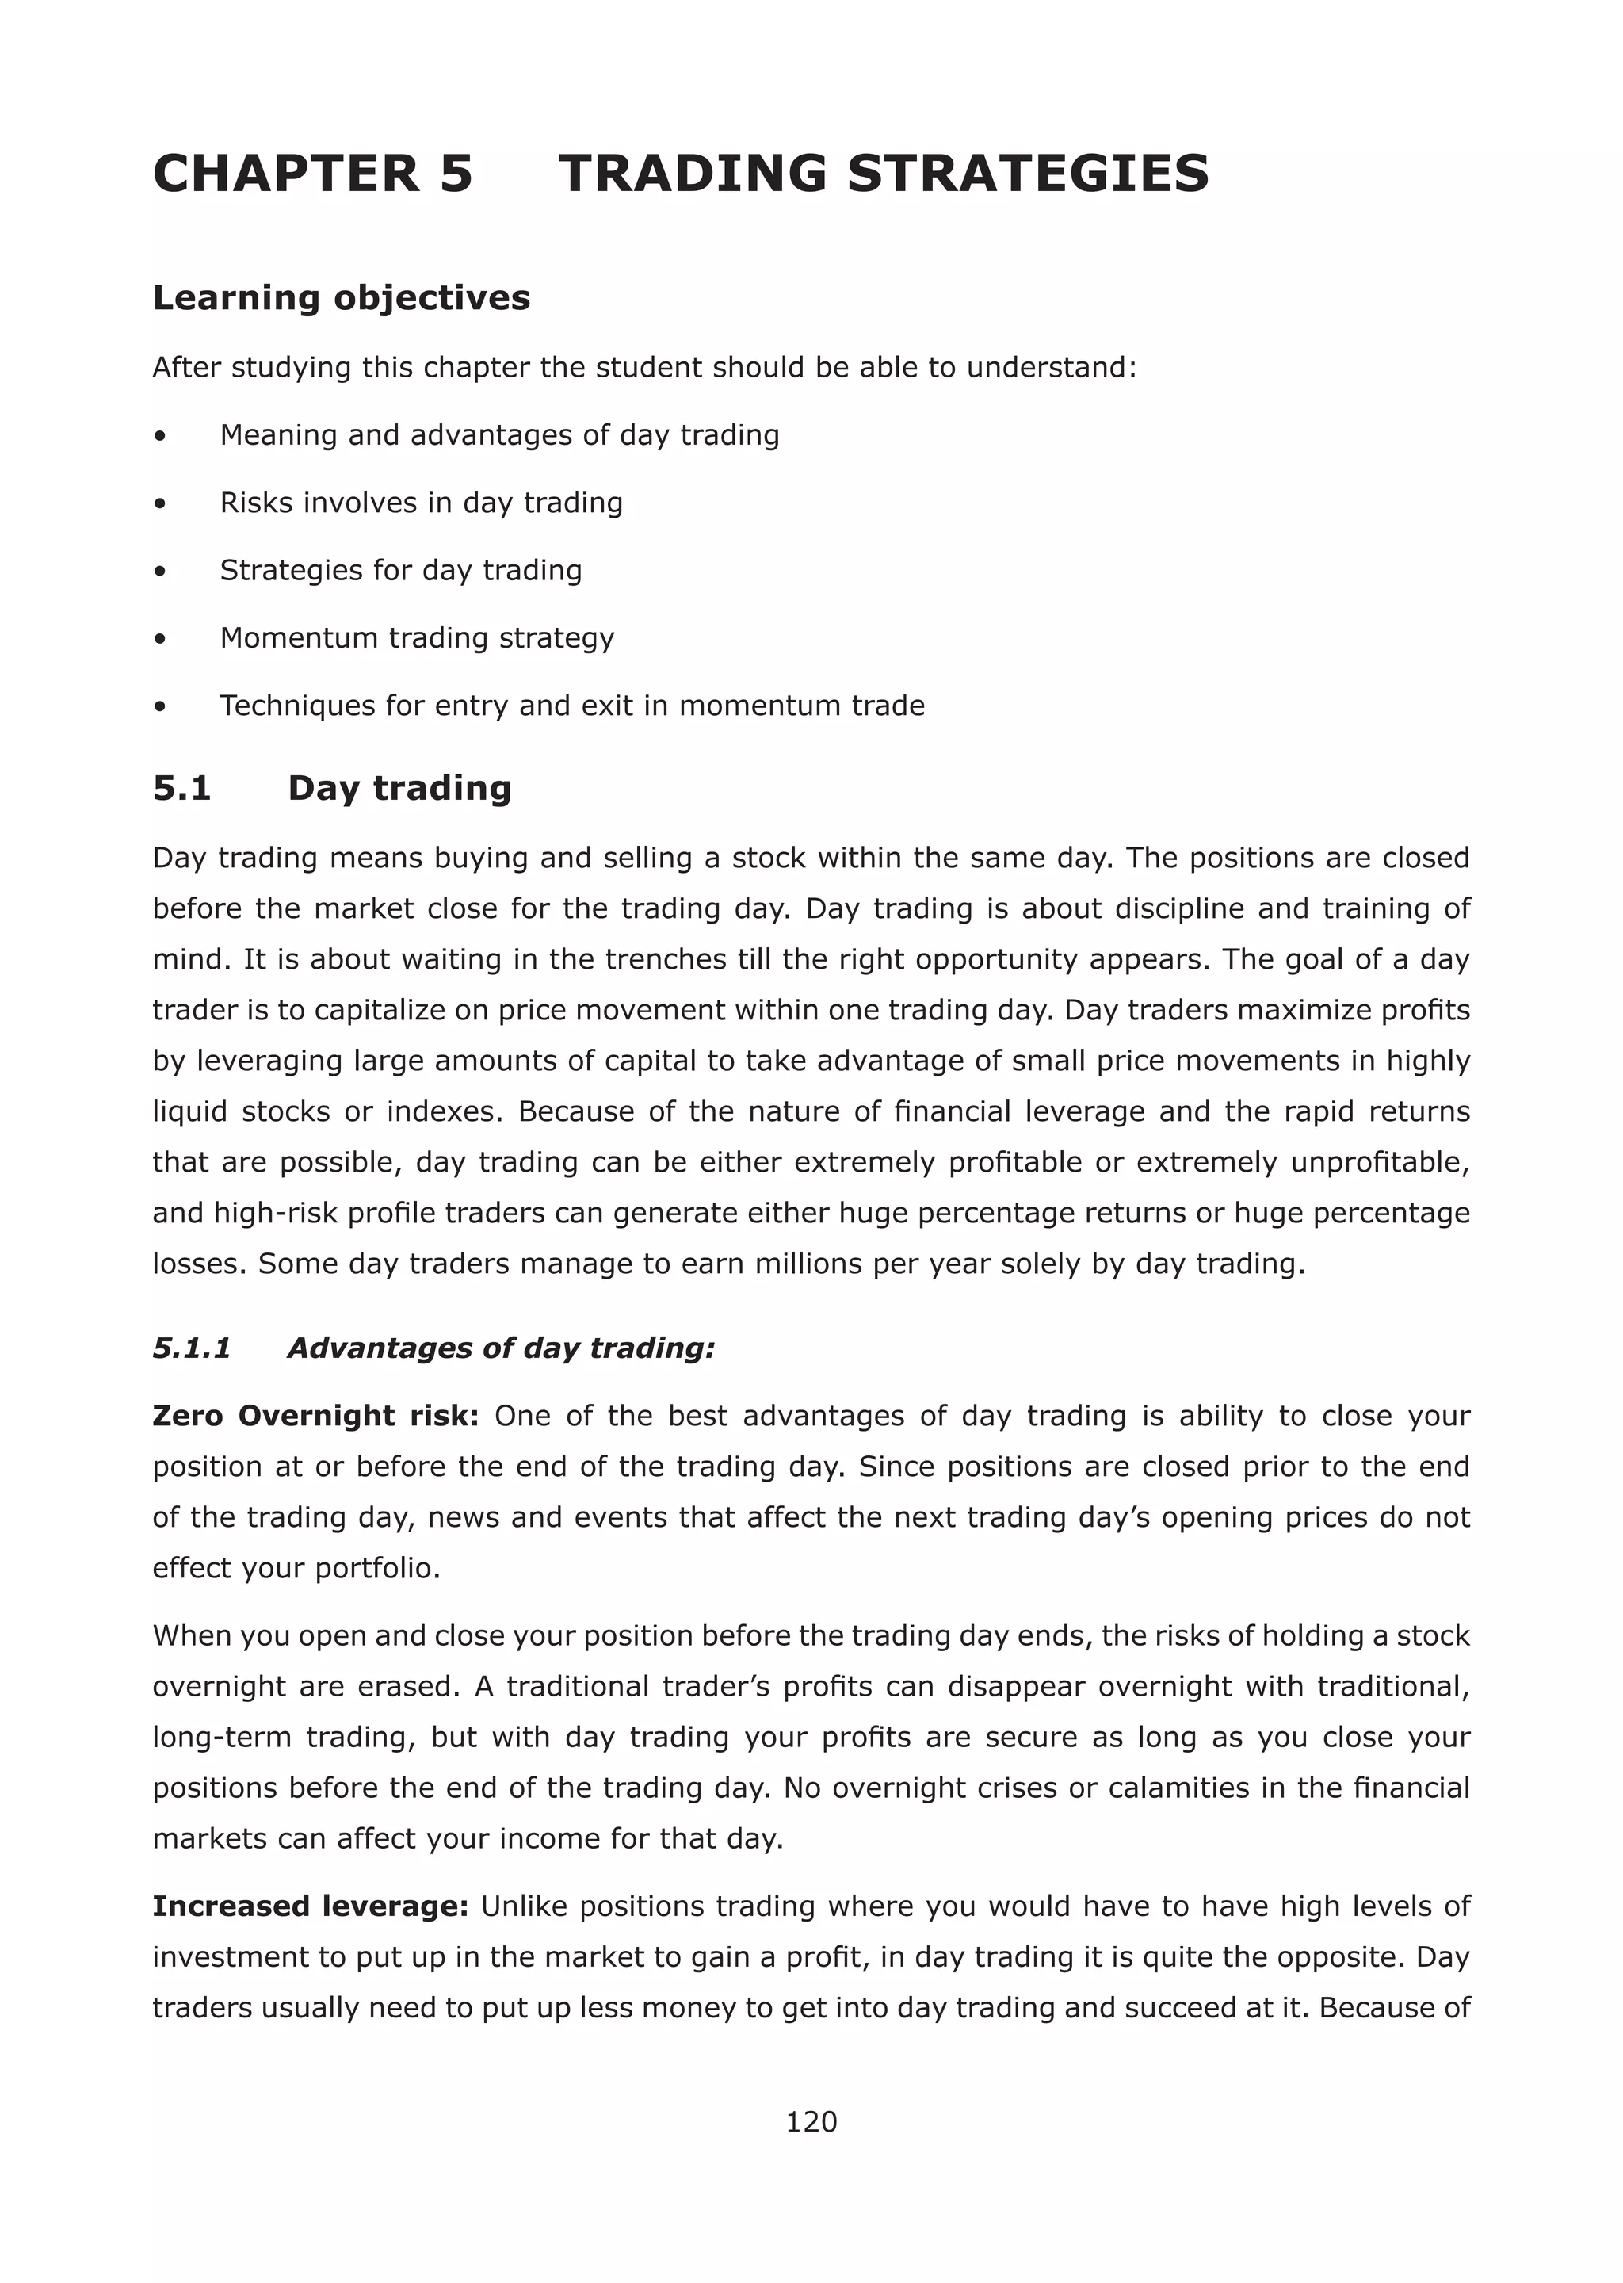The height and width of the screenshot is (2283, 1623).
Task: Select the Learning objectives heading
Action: tap(341, 298)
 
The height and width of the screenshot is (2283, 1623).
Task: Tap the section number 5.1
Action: tap(182, 789)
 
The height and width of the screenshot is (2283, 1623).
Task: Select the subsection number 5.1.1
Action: tap(192, 1348)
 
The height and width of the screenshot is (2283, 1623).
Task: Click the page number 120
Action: tap(811, 2121)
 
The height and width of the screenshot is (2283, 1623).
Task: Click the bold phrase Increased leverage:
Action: tap(310, 1906)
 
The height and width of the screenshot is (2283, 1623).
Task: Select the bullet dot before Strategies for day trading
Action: tap(160, 572)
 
